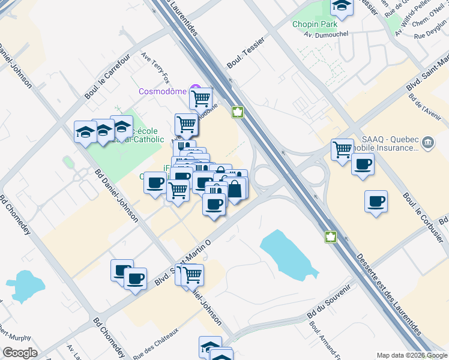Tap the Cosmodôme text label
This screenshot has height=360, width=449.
162,92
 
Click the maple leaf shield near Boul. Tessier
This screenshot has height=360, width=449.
238,112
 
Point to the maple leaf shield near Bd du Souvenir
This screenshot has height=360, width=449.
330,237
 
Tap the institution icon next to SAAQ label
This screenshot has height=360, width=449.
427,143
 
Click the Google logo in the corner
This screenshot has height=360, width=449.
20,353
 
